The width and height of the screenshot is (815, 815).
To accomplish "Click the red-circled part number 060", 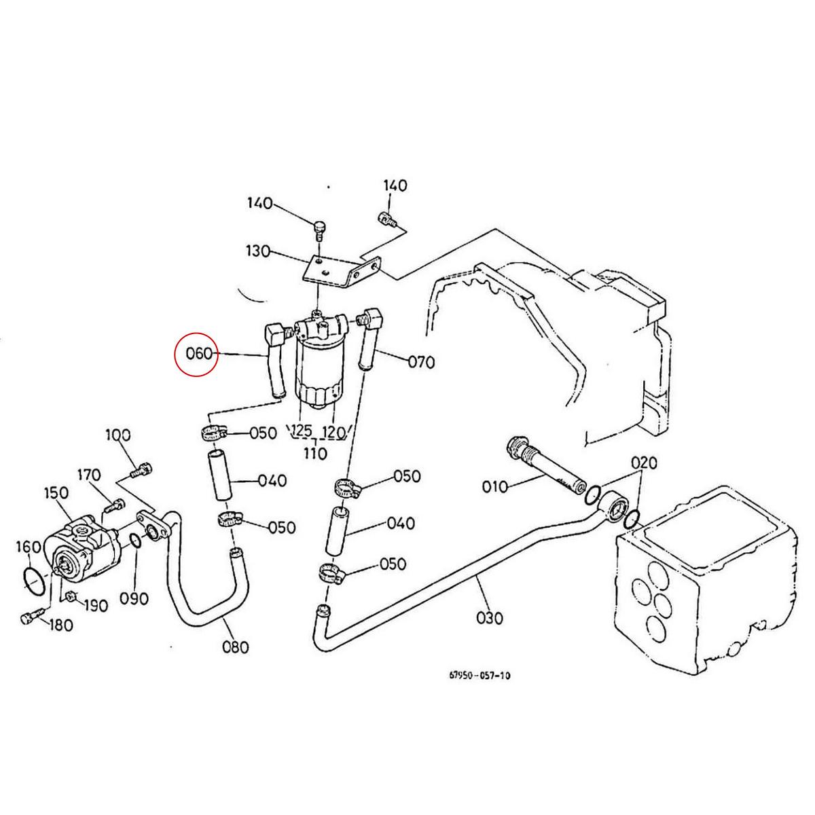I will pyautogui.click(x=196, y=354).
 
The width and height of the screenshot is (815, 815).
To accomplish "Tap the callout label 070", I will pyautogui.click(x=420, y=362).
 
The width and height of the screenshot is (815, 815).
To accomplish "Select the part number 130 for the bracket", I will pyautogui.click(x=259, y=252).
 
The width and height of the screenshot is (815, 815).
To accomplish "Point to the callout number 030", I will pyautogui.click(x=490, y=618).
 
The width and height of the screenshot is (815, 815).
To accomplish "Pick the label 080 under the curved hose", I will pyautogui.click(x=236, y=647).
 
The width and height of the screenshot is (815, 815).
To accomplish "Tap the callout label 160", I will pyautogui.click(x=29, y=547).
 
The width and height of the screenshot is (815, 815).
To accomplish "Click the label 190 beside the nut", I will pyautogui.click(x=94, y=605).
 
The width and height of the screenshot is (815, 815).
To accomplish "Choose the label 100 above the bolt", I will pyautogui.click(x=117, y=435).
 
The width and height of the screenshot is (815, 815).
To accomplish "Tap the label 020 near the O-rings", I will pyautogui.click(x=643, y=463).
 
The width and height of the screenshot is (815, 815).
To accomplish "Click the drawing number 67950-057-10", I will pyautogui.click(x=479, y=676).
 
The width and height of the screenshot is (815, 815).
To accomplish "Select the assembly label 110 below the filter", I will pyautogui.click(x=315, y=453).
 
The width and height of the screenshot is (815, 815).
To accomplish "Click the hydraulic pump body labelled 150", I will pyautogui.click(x=75, y=550).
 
